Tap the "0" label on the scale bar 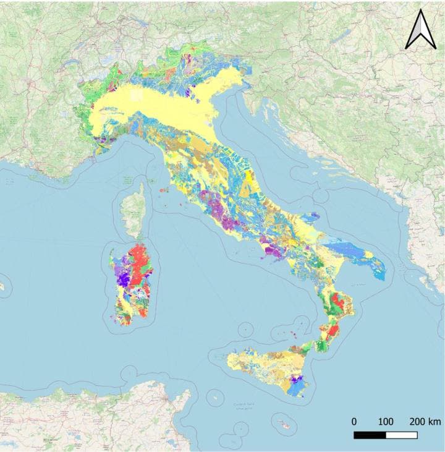click(x=354, y=422)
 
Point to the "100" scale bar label click(x=386, y=422)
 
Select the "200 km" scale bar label click(x=425, y=422)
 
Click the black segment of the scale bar click(x=370, y=435)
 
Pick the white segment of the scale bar click(x=401, y=435)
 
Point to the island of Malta click(x=285, y=425)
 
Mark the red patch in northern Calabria click(x=337, y=303)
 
